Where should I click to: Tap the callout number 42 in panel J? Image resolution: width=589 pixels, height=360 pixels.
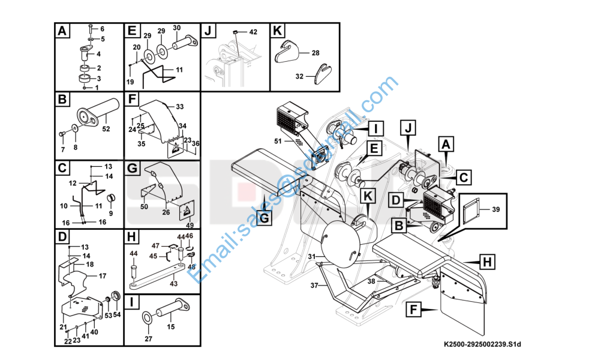(253, 32)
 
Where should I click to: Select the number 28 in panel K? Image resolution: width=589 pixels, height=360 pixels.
(315, 53)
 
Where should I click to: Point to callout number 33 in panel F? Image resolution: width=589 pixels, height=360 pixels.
(179, 106)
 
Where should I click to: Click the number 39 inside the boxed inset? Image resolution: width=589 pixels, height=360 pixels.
(495, 209)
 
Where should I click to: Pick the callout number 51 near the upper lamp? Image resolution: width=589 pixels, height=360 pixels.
(278, 141)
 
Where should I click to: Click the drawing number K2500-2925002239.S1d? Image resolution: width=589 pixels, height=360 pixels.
(482, 344)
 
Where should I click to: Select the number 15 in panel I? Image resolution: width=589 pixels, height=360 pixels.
(170, 327)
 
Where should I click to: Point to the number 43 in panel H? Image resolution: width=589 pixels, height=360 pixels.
(173, 283)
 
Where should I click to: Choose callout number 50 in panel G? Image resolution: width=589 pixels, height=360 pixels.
(144, 207)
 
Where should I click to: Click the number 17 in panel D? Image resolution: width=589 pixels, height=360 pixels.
(103, 276)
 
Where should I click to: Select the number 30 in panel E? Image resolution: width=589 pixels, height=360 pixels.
(176, 28)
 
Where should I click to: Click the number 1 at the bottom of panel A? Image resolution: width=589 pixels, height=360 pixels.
(96, 88)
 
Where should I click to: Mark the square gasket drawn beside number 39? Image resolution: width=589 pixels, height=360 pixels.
(471, 211)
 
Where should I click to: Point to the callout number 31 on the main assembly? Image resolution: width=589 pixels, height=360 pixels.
(311, 257)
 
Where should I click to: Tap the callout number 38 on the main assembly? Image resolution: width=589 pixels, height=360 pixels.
(371, 280)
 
